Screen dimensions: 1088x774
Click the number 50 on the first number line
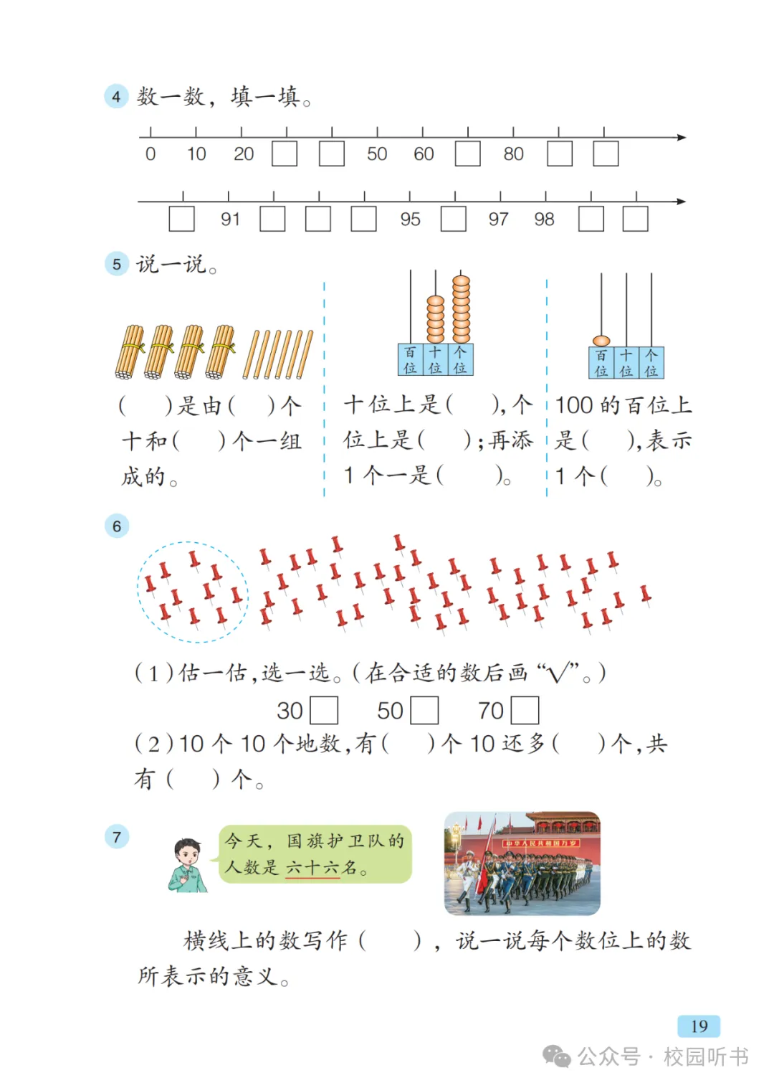tap(377, 154)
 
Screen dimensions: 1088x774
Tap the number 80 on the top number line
tap(513, 154)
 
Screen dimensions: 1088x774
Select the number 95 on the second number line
tap(410, 219)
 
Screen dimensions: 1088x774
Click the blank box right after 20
tap(285, 154)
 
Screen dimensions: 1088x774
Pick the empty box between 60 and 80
tap(468, 154)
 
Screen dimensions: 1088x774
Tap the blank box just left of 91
tap(181, 219)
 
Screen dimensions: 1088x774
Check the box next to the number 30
tap(324, 711)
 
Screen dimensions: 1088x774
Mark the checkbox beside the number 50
tap(424, 711)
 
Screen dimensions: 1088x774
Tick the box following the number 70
tap(525, 711)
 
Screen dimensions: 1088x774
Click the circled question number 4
tap(116, 96)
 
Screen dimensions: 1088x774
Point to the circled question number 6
tap(117, 526)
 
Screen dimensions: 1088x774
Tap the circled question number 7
tap(117, 836)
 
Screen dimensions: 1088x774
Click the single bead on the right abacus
tap(601, 341)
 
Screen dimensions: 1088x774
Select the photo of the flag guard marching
tap(522, 864)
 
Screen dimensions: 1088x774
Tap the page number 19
tap(699, 1026)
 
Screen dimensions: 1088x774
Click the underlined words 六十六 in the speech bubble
tap(312, 868)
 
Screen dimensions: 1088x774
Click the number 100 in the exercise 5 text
tap(575, 405)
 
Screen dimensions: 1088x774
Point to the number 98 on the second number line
tap(544, 219)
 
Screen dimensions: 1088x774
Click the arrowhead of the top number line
tap(682, 137)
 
